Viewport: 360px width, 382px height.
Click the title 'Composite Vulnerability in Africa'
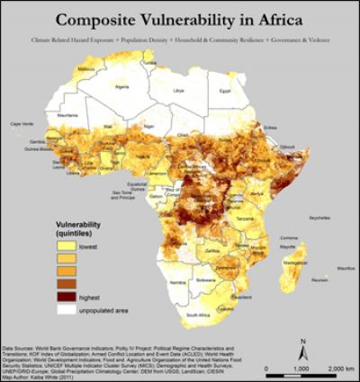click(180, 19)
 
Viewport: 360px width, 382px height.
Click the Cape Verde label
click(21, 123)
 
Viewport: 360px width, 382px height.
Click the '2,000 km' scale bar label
click(337, 370)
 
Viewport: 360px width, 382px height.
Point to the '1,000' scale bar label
click(303, 370)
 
